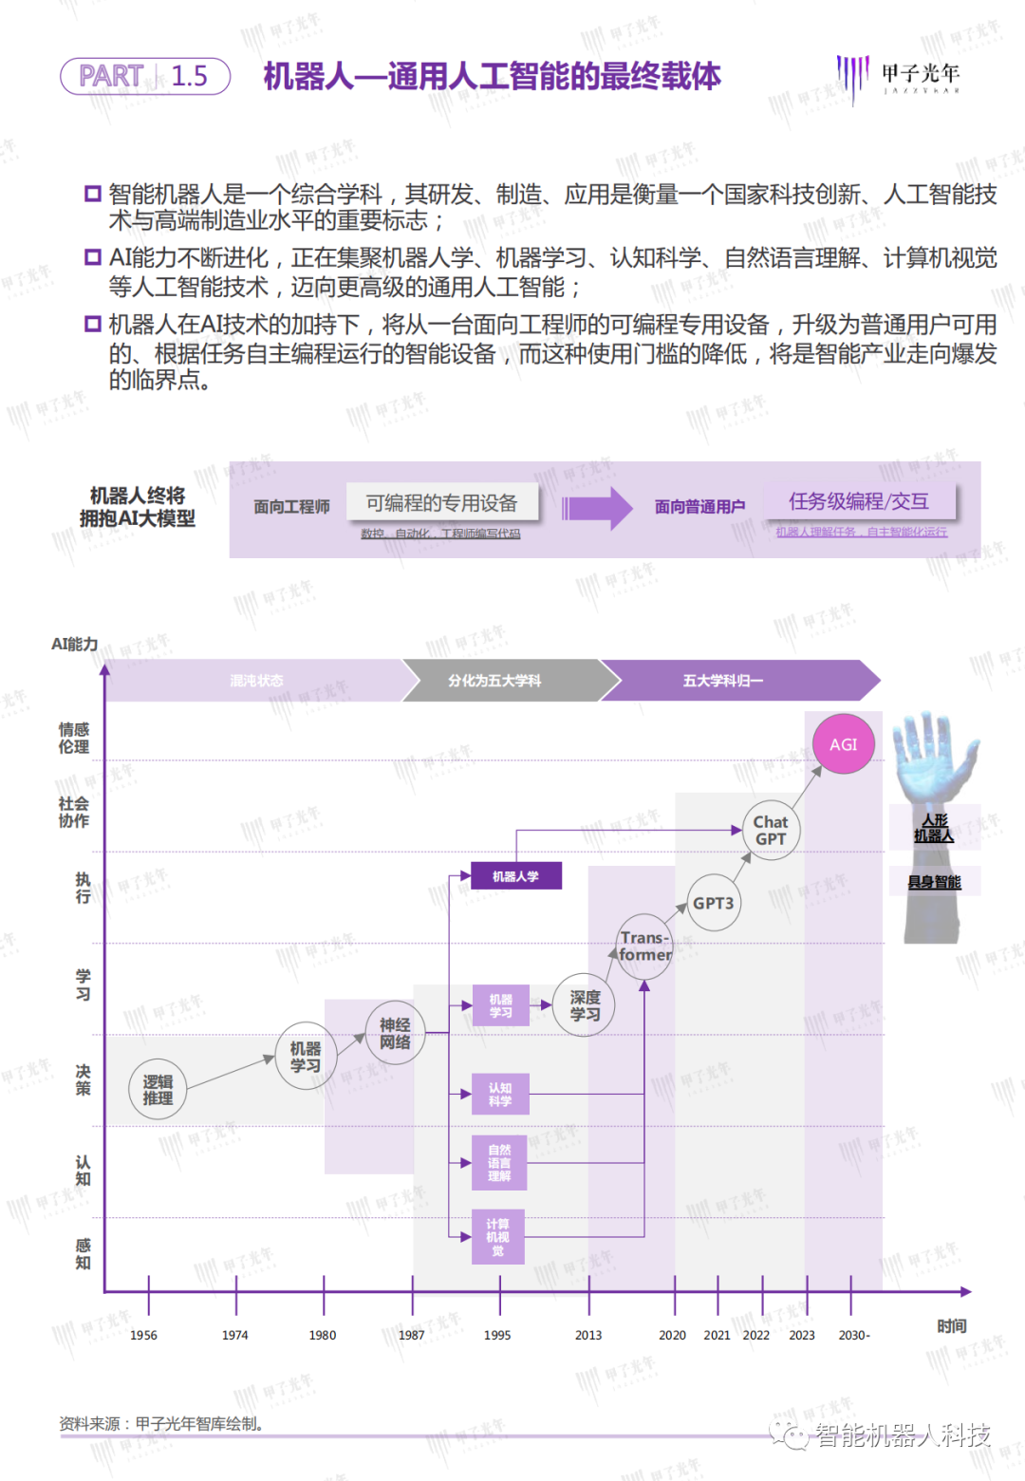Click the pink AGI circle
(x=844, y=744)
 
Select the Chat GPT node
(x=771, y=831)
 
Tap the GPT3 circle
(x=713, y=903)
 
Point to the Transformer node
(x=644, y=947)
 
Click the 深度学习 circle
(x=585, y=1005)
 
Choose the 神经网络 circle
(x=395, y=1033)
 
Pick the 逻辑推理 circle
(x=158, y=1089)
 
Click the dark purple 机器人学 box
(x=515, y=876)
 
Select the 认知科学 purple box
(x=500, y=1094)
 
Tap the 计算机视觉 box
(x=498, y=1237)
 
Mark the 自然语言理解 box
(x=499, y=1163)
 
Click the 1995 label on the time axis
(x=497, y=1335)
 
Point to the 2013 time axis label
(x=588, y=1335)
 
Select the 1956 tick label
(x=143, y=1335)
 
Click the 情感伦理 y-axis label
(x=74, y=738)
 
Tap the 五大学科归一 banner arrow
(x=731, y=681)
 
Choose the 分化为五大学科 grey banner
(x=498, y=681)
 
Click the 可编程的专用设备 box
(x=442, y=502)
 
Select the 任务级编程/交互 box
(x=859, y=501)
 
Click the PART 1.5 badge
(x=145, y=76)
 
